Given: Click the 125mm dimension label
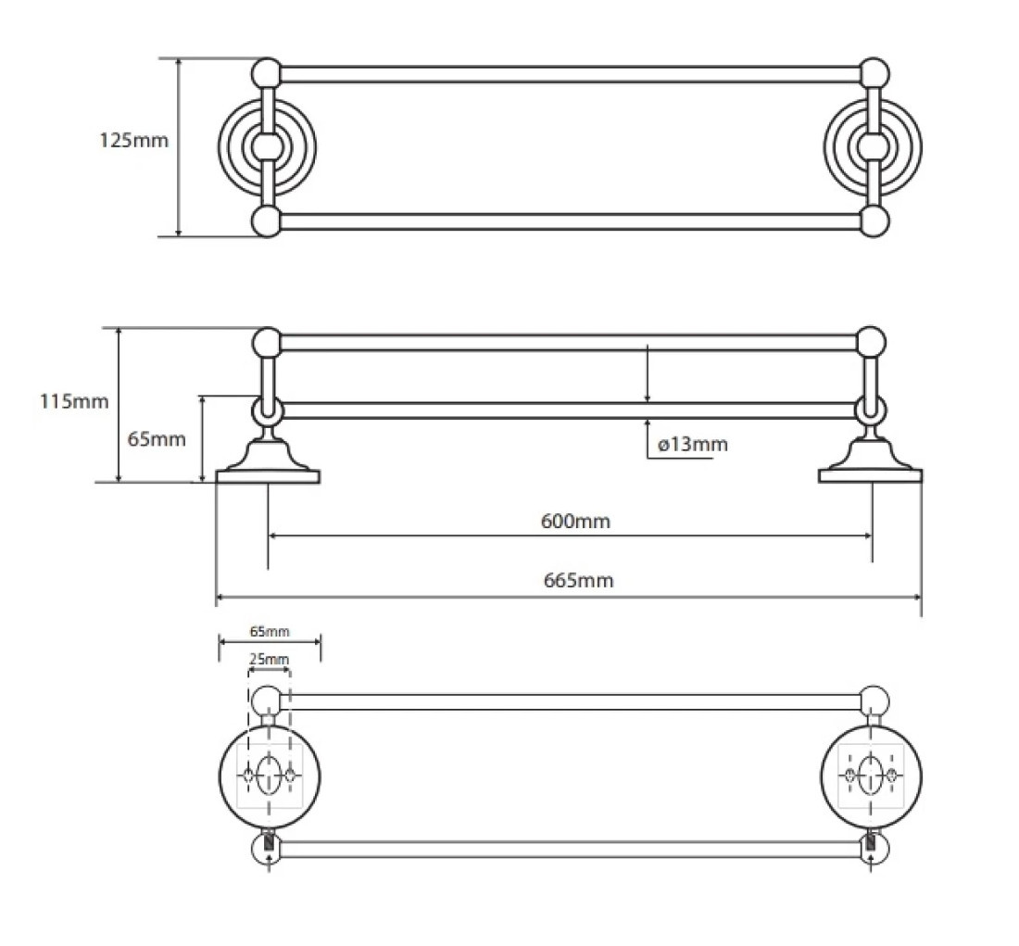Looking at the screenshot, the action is [134, 141].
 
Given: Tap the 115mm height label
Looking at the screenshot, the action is [74, 401].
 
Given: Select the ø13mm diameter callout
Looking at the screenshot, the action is [693, 445].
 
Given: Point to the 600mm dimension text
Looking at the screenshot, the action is [576, 522].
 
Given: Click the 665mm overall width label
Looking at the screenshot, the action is [578, 580].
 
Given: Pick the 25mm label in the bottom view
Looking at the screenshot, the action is [269, 660].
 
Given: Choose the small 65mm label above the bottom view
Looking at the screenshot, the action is [270, 631].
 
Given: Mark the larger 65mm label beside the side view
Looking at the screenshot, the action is [157, 439].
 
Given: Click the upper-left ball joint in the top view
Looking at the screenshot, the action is [266, 73].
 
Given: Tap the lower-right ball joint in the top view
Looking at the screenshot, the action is [874, 221].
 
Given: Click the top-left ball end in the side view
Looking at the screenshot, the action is [267, 343].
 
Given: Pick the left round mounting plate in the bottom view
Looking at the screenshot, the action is [269, 776].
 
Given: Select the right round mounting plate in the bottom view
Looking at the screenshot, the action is [872, 776].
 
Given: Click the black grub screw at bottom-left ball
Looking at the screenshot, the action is [270, 844].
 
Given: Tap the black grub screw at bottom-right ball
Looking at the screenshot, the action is [871, 844].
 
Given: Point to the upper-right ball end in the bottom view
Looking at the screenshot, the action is [874, 701].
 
